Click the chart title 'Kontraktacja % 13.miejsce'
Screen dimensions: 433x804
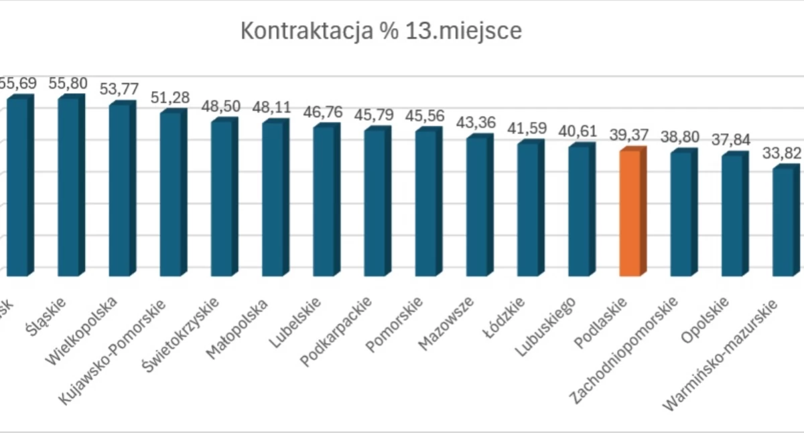pos(381,31)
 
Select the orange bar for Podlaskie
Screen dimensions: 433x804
pos(630,213)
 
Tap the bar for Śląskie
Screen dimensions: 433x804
pos(69,187)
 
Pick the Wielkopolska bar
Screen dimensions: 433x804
pos(120,190)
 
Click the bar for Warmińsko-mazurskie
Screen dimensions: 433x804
pos(783,222)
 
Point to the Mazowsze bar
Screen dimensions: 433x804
pos(477,206)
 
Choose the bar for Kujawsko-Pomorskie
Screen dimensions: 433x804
pos(171,194)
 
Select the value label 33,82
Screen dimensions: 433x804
pos(783,153)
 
